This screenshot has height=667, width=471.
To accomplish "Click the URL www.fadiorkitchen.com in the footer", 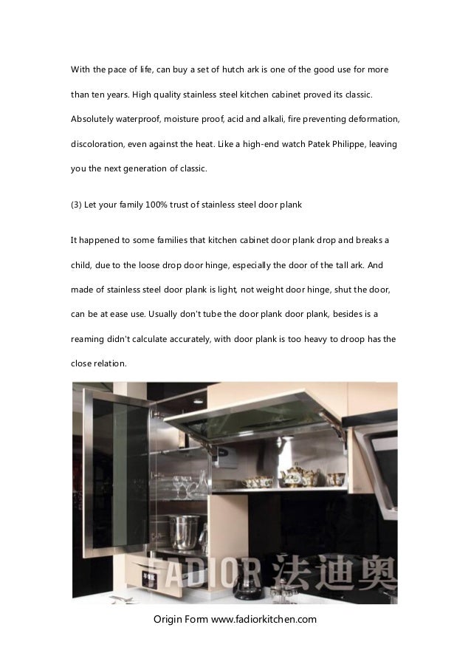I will (264, 618).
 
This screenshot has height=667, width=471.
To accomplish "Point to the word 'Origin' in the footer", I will (168, 618).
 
